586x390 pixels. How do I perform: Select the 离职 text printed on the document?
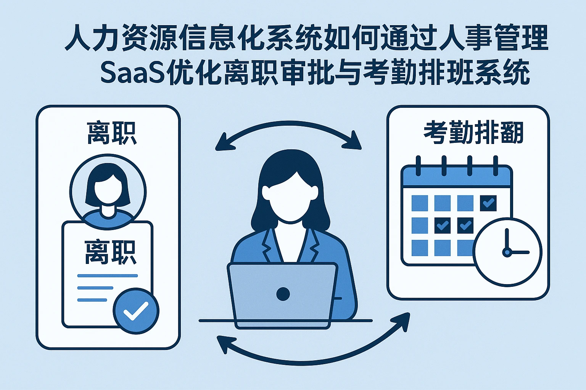pos(110,252)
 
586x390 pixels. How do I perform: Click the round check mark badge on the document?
pos(136,311)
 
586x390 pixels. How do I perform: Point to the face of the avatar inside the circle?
pos(108,190)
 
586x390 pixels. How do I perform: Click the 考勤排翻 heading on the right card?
pos(473,133)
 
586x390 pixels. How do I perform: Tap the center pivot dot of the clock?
pos(507,252)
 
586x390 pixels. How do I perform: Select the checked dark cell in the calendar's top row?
pos(488,203)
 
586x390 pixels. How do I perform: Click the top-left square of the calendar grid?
pos(420,203)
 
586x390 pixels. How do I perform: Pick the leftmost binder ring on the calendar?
pos(418,166)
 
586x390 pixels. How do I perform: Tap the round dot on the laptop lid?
pos(283,294)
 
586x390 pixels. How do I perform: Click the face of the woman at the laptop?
pos(290,200)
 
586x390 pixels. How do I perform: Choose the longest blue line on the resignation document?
pos(107,275)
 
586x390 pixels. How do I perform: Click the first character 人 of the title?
pos(78,38)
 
